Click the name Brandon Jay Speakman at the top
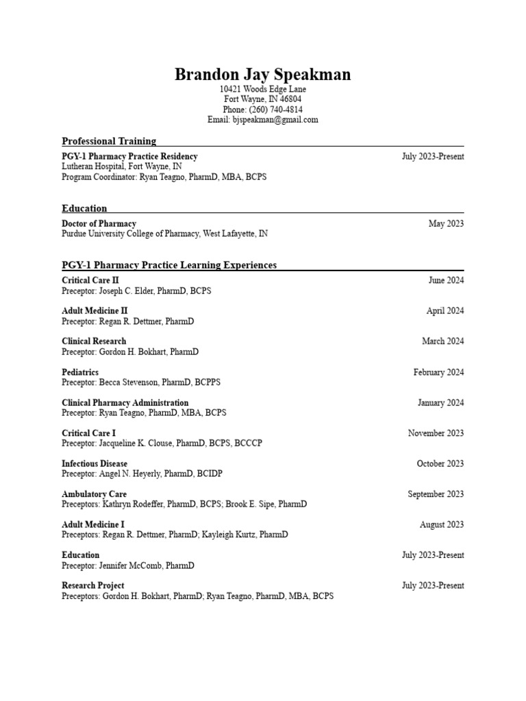click(x=262, y=75)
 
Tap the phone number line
click(x=262, y=110)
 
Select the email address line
click(x=262, y=120)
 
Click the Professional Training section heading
click(x=109, y=141)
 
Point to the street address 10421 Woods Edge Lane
click(x=262, y=90)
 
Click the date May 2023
click(x=446, y=224)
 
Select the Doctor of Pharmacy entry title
click(x=99, y=224)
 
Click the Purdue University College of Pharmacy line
click(x=164, y=233)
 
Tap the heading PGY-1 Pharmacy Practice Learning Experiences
click(x=169, y=265)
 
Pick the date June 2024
click(x=446, y=280)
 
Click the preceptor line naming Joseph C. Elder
click(x=136, y=290)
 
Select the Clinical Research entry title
click(x=94, y=341)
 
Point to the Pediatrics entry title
click(x=80, y=372)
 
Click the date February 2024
click(x=438, y=372)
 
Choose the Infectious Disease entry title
click(x=95, y=463)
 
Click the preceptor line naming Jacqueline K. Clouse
click(x=162, y=443)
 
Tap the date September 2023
click(x=436, y=494)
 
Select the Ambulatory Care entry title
click(x=94, y=494)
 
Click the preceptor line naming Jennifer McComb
click(x=127, y=565)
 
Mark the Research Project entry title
click(x=93, y=586)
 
